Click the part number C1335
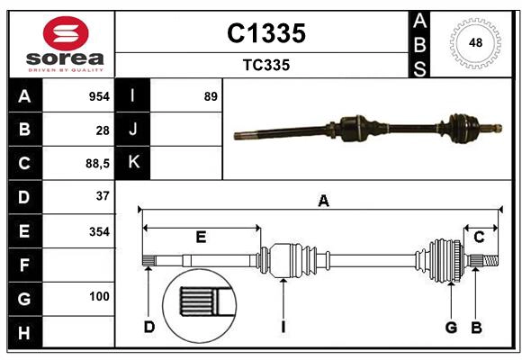pos(265,33)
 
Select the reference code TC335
pos(265,66)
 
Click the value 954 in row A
pos(98,96)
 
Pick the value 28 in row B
pos(103,130)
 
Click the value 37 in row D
pos(103,196)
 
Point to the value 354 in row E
pos(98,231)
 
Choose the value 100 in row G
pos(98,297)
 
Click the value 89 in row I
pos(211,96)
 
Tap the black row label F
pos(24,265)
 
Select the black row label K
pos(134,163)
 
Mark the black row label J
pos(134,130)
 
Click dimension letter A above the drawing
pos(323,202)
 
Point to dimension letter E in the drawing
pos(201,238)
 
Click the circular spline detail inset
pos(197,305)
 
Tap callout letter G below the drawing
pos(451,328)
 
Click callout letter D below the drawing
pos(149,328)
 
